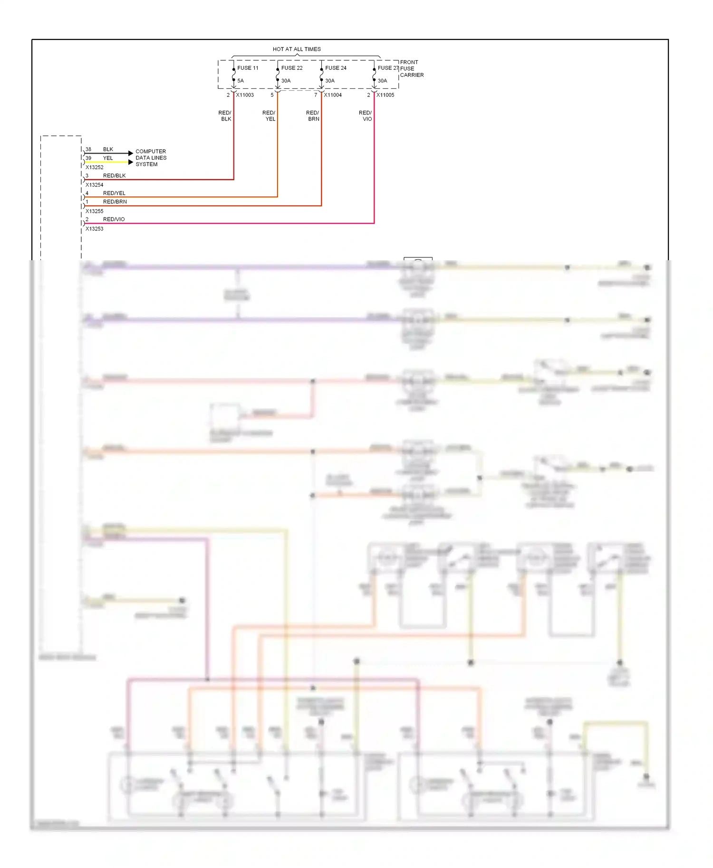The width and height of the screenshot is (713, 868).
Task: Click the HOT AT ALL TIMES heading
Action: (x=297, y=49)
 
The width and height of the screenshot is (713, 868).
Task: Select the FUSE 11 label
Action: (x=248, y=68)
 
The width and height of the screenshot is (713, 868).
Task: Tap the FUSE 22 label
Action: (x=292, y=68)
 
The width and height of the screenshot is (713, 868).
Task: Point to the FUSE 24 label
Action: (x=336, y=68)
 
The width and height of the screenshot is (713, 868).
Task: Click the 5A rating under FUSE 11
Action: (x=241, y=81)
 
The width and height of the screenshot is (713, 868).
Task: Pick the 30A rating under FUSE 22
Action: (x=286, y=81)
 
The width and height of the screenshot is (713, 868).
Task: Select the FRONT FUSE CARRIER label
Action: (x=411, y=68)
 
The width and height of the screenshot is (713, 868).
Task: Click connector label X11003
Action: (x=245, y=95)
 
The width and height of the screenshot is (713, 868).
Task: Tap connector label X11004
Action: (x=333, y=95)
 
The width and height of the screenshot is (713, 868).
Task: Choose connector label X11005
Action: (x=385, y=95)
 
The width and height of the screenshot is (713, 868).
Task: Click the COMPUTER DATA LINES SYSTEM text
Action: (x=151, y=158)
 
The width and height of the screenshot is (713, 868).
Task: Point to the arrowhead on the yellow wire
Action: (x=131, y=162)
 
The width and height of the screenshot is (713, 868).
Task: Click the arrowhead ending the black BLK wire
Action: (x=131, y=153)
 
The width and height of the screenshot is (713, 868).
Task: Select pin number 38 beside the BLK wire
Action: (x=88, y=149)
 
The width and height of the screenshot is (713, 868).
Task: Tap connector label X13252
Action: (x=95, y=167)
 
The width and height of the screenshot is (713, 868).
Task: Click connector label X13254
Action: (x=95, y=185)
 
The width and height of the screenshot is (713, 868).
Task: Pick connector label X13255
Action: (x=95, y=211)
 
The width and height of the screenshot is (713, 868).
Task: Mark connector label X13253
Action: (x=95, y=229)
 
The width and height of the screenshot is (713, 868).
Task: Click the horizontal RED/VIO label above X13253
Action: (x=114, y=219)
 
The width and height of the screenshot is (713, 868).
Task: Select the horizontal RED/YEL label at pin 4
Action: (x=114, y=193)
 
